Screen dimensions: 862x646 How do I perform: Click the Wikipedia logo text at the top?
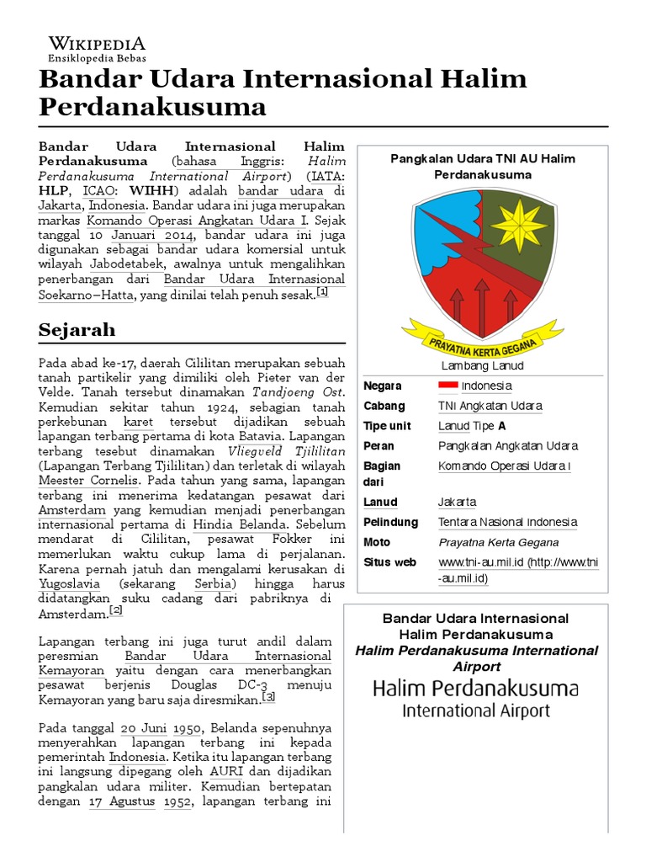tap(97, 43)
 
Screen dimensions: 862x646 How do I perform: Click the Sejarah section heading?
tap(77, 328)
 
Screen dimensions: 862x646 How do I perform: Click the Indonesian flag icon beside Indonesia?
tap(447, 386)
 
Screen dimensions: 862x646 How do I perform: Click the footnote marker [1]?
tap(322, 292)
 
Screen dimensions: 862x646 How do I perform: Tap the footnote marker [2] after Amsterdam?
tap(116, 610)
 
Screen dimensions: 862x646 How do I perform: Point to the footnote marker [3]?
tap(268, 697)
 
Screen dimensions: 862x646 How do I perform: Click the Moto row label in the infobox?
tap(377, 542)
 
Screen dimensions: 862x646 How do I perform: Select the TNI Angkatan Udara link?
tap(490, 406)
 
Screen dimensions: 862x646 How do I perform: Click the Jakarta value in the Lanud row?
tap(457, 503)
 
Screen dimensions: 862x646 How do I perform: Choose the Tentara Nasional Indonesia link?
tap(507, 522)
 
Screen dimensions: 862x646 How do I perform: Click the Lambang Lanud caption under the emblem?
tap(482, 365)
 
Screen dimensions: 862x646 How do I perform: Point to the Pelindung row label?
tap(388, 522)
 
